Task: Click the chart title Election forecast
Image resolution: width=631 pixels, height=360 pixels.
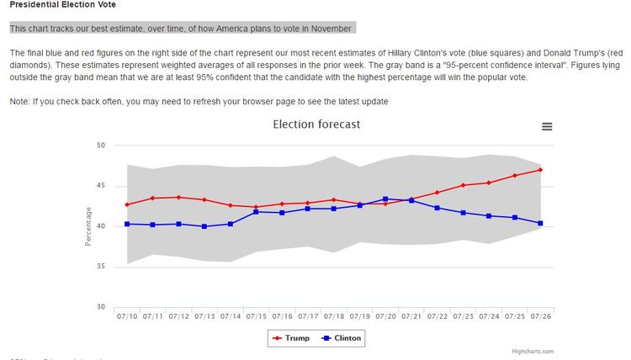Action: tap(316, 124)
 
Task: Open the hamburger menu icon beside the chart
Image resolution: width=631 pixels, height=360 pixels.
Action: tap(547, 126)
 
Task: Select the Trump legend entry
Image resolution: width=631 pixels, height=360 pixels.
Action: tap(290, 338)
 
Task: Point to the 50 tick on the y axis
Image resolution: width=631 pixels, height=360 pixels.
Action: tap(99, 146)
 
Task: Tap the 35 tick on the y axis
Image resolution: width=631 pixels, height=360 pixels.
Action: tap(99, 267)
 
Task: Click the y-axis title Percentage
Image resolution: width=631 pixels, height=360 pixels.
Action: tap(87, 226)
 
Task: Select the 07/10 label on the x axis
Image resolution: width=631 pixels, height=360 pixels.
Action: tap(127, 316)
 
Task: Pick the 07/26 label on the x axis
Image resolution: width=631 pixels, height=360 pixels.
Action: tap(539, 316)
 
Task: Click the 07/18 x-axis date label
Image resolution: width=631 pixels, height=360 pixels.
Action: tap(333, 316)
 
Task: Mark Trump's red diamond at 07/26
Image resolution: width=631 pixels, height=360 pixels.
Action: tap(539, 170)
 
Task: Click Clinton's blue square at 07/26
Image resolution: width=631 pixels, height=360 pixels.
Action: tap(539, 223)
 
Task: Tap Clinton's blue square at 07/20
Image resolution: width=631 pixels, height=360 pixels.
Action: tap(384, 199)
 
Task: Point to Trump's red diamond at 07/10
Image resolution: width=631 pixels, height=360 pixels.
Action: tap(127, 204)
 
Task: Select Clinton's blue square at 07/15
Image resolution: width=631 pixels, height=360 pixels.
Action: tap(256, 212)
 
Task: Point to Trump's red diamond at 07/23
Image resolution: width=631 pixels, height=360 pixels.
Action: tap(462, 185)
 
